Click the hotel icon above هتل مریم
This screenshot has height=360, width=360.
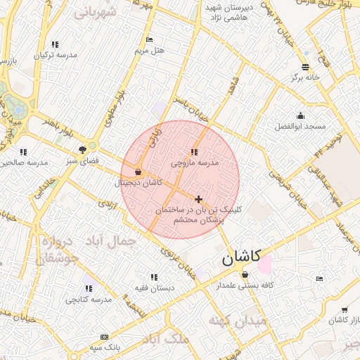(148, 39)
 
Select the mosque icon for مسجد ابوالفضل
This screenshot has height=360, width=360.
(301, 115)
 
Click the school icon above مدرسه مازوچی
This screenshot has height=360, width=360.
(194, 152)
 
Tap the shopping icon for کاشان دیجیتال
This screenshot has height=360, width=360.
(138, 172)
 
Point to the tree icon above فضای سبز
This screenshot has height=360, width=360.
(83, 149)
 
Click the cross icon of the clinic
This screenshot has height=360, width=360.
(199, 199)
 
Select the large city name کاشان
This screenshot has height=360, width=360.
(240, 257)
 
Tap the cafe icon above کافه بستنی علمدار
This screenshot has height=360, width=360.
(245, 274)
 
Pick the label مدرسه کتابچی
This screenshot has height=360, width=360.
(89, 300)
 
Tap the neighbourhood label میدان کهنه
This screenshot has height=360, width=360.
(237, 321)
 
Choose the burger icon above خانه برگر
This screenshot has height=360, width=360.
(304, 66)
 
